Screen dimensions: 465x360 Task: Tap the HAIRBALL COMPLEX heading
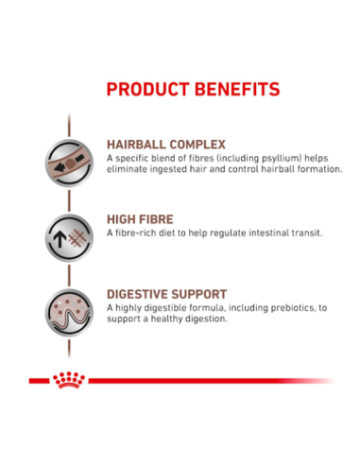(165, 145)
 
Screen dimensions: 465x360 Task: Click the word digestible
(163, 307)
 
